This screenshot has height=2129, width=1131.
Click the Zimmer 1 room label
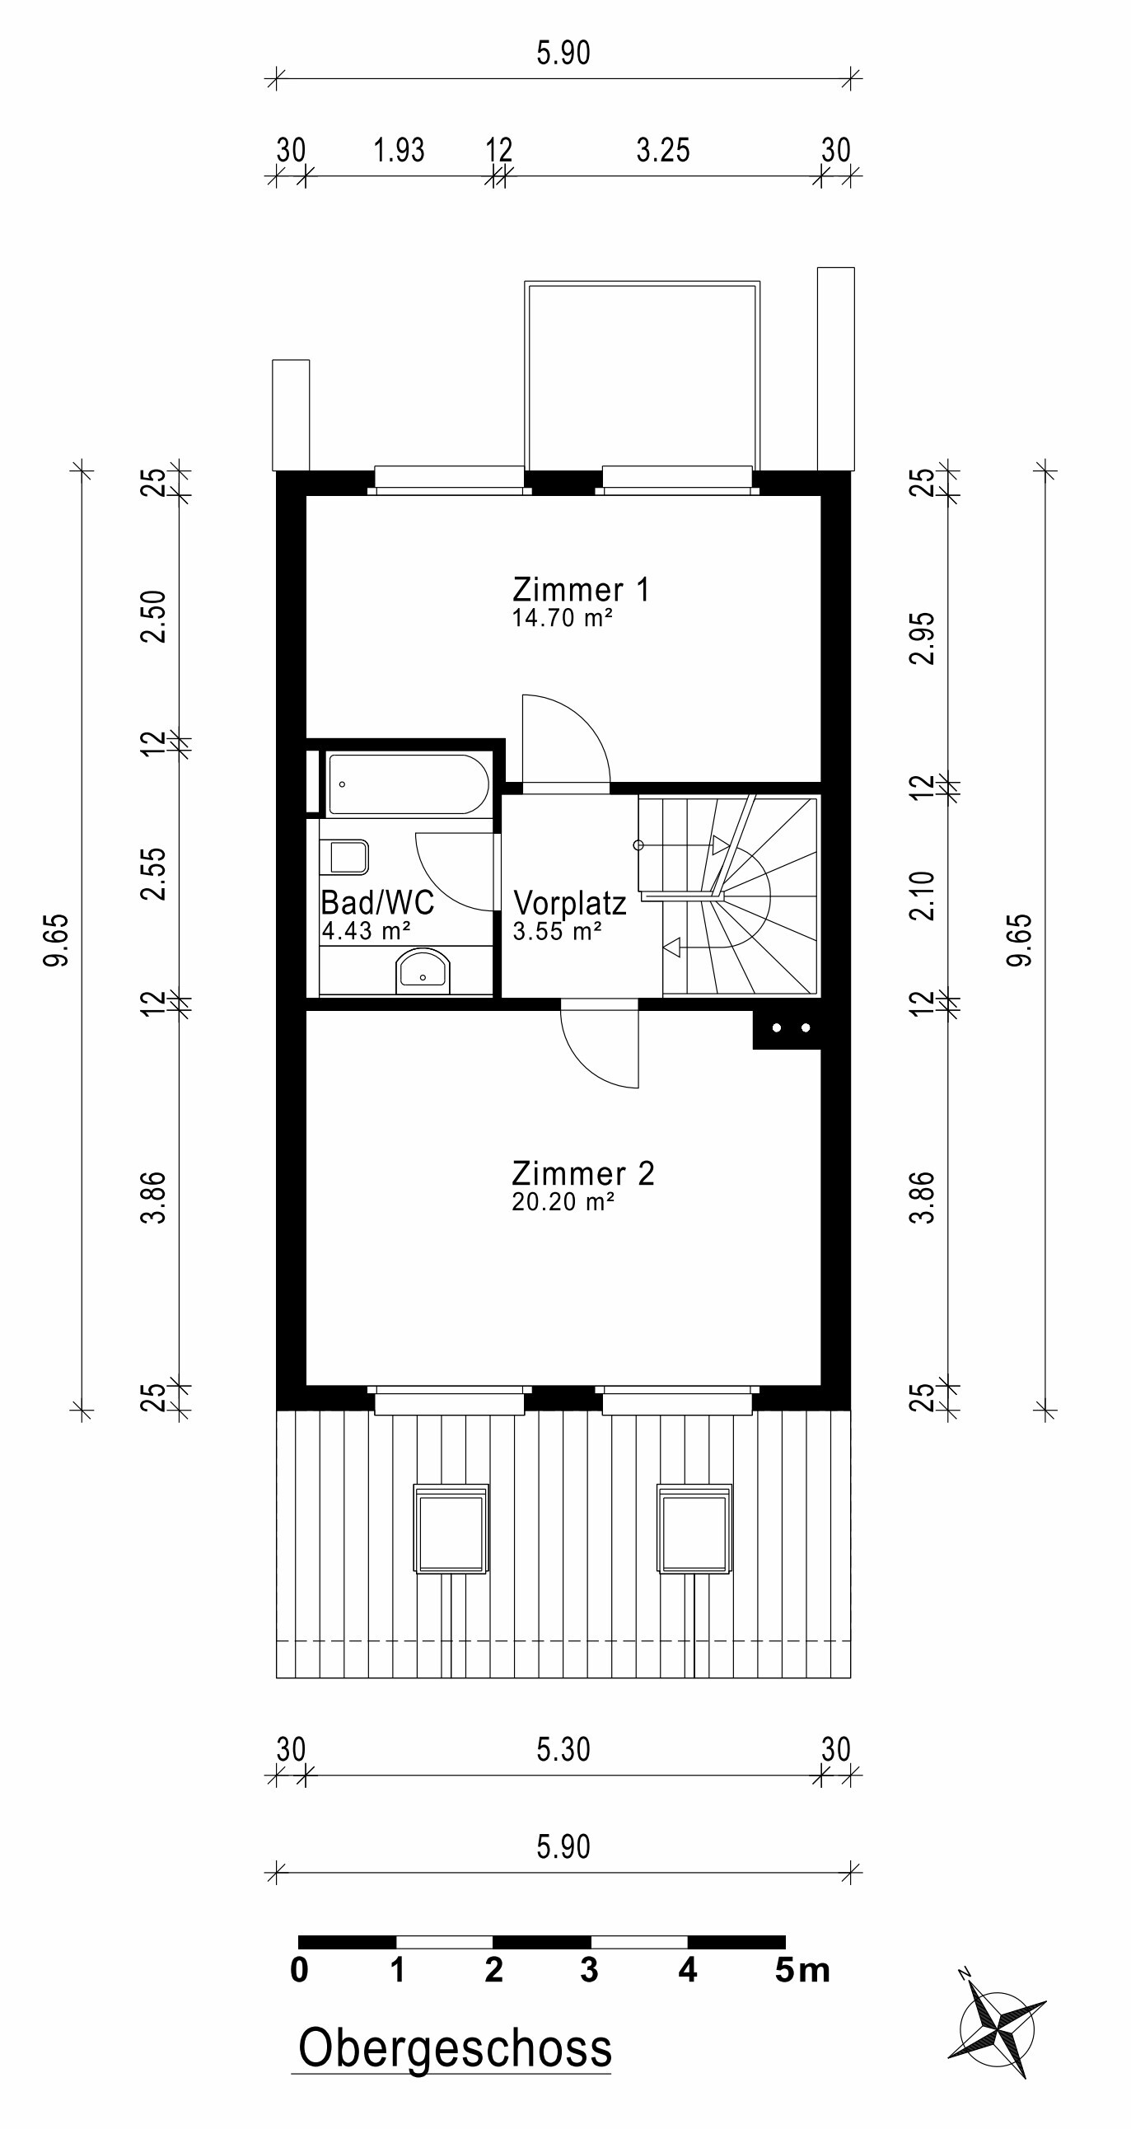[x=581, y=589]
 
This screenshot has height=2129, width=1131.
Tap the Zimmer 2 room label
[x=583, y=1173]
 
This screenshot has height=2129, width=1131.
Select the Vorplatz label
[x=570, y=902]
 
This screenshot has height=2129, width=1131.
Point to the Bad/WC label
[x=377, y=902]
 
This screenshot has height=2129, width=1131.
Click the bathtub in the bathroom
[x=408, y=784]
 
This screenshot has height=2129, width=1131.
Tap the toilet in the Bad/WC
[x=348, y=857]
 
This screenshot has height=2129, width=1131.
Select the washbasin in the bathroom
[x=423, y=971]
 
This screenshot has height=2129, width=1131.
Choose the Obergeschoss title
[x=456, y=2049]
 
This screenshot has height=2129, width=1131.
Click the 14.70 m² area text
[x=562, y=618]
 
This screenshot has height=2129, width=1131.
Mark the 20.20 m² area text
[x=563, y=1202]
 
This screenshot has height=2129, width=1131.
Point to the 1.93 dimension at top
[x=399, y=151]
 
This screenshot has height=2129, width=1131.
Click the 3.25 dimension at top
[x=662, y=151]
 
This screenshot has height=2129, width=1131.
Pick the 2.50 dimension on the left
[x=154, y=616]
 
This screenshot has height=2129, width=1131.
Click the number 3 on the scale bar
[x=589, y=1970]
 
